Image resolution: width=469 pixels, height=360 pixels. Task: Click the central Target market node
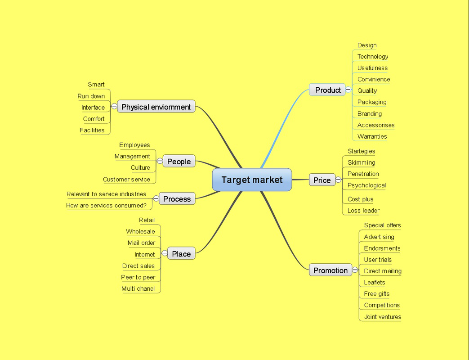252,180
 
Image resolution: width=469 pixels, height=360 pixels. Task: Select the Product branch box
327,90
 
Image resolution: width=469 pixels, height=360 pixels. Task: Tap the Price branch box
322,180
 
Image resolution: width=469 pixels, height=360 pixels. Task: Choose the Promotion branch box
331,270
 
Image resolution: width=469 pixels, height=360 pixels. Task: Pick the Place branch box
181,253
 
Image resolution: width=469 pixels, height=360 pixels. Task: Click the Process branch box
177,199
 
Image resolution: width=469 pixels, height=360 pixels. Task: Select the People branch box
179,161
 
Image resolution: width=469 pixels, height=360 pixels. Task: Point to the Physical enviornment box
156,107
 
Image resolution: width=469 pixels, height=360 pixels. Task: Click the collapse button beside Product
348,90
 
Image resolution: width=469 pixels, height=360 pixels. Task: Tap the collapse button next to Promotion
355,270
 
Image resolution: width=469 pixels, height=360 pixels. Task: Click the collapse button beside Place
165,253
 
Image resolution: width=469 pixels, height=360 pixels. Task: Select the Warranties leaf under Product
372,136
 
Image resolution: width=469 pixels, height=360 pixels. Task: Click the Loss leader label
363,211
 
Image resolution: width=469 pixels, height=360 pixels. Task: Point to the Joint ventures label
383,317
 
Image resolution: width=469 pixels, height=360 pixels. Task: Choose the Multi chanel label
138,289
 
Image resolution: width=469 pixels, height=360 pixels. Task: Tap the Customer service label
126,180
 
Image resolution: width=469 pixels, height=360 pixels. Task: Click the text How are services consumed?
106,206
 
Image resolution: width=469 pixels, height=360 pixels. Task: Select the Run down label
91,96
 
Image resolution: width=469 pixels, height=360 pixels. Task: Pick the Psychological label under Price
367,185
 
